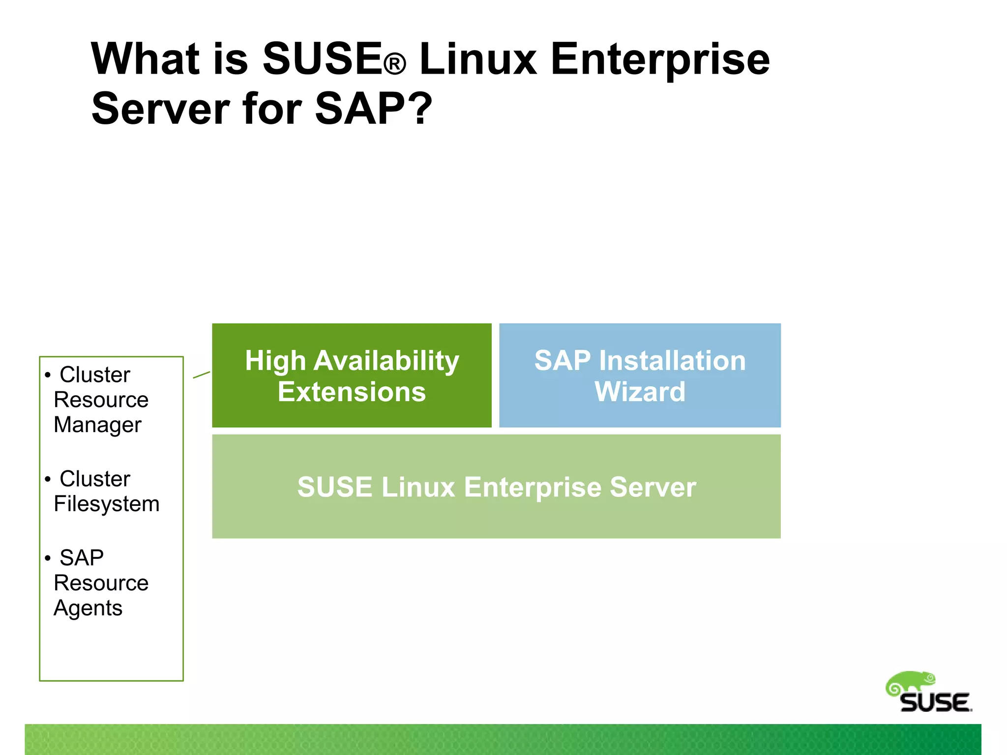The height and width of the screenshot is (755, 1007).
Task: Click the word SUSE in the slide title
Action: (x=322, y=59)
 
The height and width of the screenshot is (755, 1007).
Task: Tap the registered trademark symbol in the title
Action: (x=395, y=65)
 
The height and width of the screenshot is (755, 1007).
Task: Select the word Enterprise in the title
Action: (x=660, y=60)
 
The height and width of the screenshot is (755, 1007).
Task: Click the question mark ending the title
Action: (x=422, y=109)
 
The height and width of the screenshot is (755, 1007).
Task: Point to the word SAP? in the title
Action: (x=374, y=109)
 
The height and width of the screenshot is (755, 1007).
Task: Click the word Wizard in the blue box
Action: (x=640, y=392)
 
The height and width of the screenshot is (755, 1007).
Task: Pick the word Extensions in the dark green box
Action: (x=352, y=392)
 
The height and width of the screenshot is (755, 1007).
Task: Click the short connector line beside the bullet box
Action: (x=202, y=375)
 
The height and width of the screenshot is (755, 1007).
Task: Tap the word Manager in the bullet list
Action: (x=97, y=425)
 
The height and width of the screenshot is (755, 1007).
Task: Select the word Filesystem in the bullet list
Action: (x=107, y=504)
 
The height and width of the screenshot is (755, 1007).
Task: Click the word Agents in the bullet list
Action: (x=88, y=609)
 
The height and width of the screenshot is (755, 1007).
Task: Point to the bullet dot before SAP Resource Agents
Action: (x=48, y=558)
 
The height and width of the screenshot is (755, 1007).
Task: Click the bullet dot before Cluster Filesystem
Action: (x=48, y=479)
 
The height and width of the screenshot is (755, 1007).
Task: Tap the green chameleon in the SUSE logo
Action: (x=911, y=683)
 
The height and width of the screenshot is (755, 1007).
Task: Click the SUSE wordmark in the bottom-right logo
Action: (x=935, y=703)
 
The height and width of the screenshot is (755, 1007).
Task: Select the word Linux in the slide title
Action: (x=478, y=59)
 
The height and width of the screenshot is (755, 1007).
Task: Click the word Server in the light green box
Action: (x=653, y=487)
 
